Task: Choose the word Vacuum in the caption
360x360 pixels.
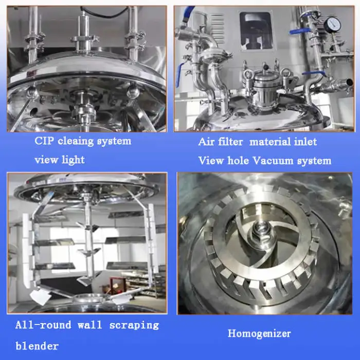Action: click(273, 160)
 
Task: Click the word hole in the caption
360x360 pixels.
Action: click(238, 160)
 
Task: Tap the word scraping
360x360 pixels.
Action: click(134, 326)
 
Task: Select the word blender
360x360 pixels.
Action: click(37, 346)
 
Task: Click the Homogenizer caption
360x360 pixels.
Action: click(259, 334)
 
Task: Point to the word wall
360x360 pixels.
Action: click(90, 325)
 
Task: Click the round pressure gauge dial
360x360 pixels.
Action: click(332, 25)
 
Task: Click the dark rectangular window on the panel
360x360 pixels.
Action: click(256, 31)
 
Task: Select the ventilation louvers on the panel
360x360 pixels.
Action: click(217, 28)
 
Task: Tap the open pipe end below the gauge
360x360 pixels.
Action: click(349, 82)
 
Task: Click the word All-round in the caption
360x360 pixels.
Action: click(43, 325)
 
